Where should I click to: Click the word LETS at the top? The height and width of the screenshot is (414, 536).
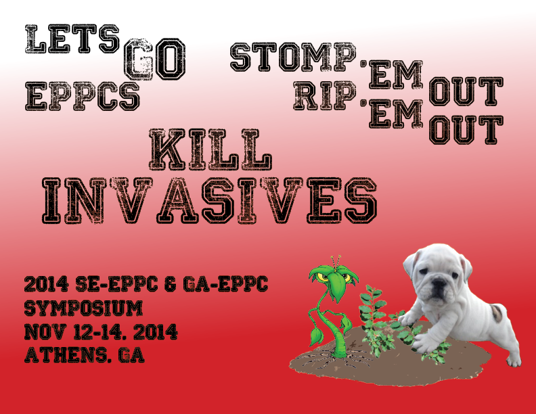coord(72,39)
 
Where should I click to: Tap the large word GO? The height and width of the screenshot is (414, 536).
coord(154,59)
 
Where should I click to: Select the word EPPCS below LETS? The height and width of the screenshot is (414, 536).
coord(83,96)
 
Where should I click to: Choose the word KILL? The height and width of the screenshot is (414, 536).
coord(210,149)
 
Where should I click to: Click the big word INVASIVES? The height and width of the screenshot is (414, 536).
coord(209,200)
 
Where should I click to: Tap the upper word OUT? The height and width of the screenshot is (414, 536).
coord(466,91)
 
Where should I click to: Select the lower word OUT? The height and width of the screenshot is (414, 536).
coord(466,130)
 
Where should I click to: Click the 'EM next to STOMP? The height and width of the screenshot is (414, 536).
coord(392,75)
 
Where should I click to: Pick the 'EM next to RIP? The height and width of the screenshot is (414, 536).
coord(392,114)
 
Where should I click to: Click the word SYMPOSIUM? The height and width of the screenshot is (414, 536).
coord(83,308)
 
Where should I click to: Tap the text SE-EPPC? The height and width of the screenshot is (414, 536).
coord(116,284)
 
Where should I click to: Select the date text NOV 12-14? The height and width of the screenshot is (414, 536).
coord(81,331)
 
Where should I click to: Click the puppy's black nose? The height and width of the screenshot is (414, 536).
coord(439,283)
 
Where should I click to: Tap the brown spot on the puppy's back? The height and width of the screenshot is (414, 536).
coord(496,313)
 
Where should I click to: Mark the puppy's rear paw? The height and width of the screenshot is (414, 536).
coord(514,360)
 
